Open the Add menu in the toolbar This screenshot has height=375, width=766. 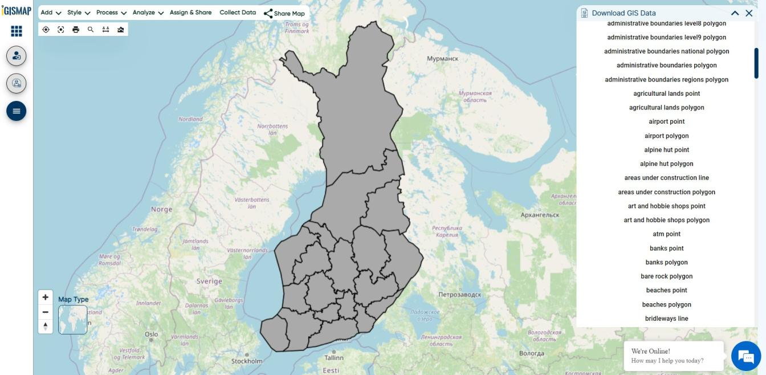50,13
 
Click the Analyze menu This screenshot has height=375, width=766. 148,13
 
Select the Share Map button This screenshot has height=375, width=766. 284,13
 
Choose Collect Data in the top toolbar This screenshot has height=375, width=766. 238,13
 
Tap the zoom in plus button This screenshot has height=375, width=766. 45,297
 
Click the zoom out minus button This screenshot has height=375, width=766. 45,312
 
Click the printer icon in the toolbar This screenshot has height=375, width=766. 76,30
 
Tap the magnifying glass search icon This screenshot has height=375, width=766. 91,30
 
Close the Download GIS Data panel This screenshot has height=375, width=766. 749,13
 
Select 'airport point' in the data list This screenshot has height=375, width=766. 666,121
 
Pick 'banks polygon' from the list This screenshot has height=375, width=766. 666,262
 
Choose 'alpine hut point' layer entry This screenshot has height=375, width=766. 666,150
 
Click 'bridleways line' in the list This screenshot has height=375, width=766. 666,319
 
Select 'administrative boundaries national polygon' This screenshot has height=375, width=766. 666,51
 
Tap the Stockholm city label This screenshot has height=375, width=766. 247,361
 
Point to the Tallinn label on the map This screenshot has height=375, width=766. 334,358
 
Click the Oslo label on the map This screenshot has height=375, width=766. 151,335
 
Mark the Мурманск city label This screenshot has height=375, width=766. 442,59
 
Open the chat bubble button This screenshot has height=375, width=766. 746,356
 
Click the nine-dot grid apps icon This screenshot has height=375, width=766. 17,31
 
